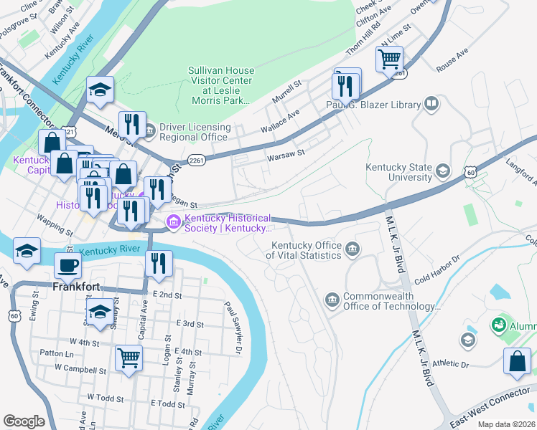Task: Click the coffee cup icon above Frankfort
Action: pos(68,265)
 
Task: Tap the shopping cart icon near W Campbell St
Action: pos(129,358)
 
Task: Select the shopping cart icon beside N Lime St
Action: pos(389,59)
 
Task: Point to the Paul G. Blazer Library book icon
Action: pos(431,105)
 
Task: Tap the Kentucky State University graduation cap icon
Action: pos(443,171)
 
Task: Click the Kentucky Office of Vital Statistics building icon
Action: pos(352,249)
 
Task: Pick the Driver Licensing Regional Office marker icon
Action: pos(149,131)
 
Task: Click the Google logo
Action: pos(24,421)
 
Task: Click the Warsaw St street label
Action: pos(286,153)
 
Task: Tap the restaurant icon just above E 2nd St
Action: pos(159,264)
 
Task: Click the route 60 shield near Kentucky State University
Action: pos(470,172)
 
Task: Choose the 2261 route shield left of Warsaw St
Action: pos(196,160)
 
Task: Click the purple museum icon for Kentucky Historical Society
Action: pos(173,224)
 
